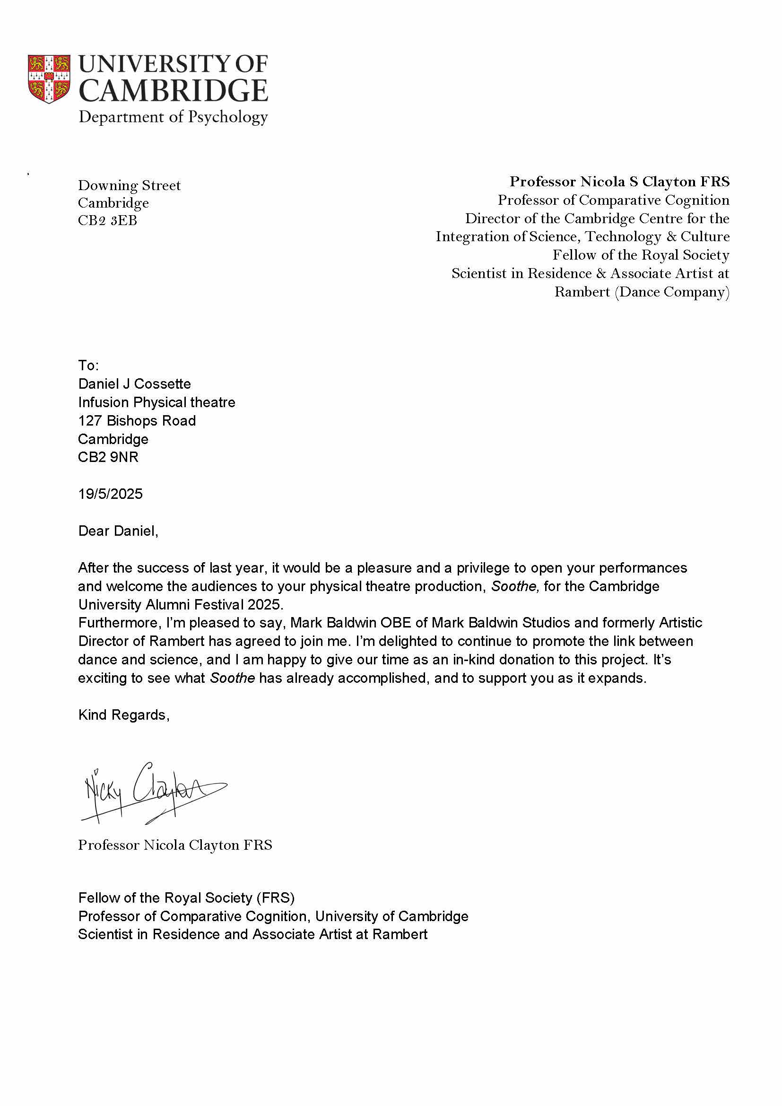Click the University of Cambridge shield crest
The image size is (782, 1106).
tap(49, 79)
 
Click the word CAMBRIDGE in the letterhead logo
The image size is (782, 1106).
tap(173, 91)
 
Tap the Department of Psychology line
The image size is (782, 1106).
tap(173, 117)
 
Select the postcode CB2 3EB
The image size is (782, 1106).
tap(107, 221)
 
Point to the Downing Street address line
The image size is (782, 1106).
tap(129, 185)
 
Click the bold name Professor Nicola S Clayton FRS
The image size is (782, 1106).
tap(619, 182)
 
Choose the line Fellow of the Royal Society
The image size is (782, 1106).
tap(641, 255)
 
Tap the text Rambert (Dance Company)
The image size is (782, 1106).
tap(642, 292)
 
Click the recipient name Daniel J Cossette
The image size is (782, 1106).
tap(134, 384)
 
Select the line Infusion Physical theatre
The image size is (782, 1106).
tap(156, 402)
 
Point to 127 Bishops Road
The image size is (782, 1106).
tap(137, 420)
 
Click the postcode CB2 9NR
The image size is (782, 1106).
tap(108, 457)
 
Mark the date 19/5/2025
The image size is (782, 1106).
tap(110, 494)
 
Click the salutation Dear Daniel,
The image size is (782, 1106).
tap(118, 531)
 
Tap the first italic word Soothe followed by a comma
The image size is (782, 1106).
tap(514, 586)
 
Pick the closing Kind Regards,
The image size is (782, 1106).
tap(124, 715)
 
